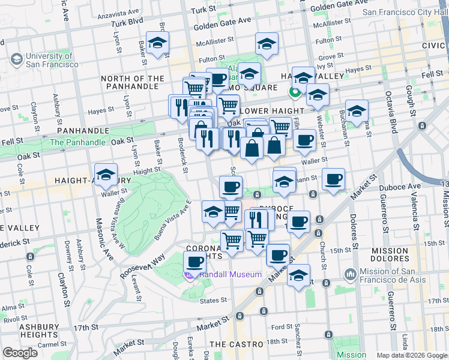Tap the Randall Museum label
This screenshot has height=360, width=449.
click(x=231, y=274)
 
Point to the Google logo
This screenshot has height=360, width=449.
click(x=20, y=353)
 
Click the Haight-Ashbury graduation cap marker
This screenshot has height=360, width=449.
click(x=106, y=175)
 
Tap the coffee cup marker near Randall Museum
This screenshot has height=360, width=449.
click(x=194, y=262)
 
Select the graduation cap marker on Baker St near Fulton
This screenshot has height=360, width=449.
click(x=158, y=43)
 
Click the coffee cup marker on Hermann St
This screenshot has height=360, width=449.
click(x=333, y=179)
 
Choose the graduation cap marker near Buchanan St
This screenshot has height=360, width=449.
click(x=357, y=110)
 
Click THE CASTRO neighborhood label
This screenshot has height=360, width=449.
click(x=237, y=344)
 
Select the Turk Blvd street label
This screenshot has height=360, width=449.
click(x=127, y=23)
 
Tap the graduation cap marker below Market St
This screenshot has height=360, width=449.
click(x=298, y=276)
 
